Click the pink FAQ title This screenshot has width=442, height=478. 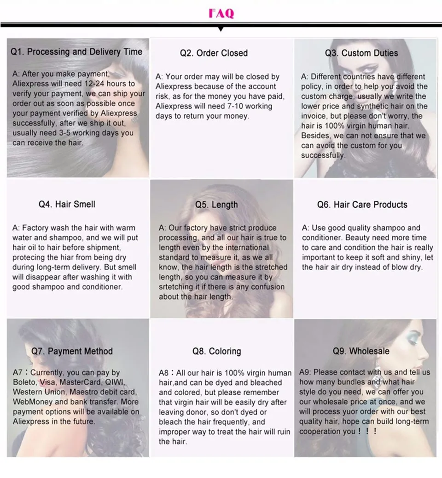(221, 13)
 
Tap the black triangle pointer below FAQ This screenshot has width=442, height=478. (221, 29)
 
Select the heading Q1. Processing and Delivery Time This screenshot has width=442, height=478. (76, 52)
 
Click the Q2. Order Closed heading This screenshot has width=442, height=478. (214, 53)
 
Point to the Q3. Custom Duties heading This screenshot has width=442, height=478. (361, 53)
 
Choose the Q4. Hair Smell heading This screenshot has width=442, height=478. (67, 204)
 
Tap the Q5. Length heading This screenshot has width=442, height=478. (216, 205)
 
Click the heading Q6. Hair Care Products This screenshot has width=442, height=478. (362, 205)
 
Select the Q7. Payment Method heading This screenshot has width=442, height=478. (72, 351)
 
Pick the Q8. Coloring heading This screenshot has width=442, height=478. (216, 352)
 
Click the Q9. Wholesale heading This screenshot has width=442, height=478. (361, 351)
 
